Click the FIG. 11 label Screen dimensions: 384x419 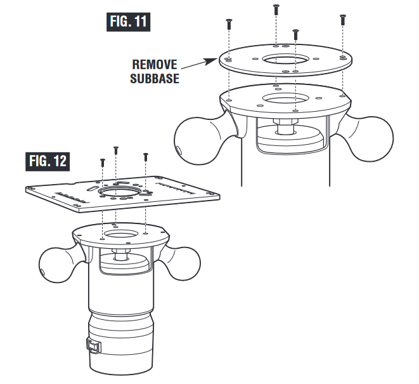click(x=129, y=21)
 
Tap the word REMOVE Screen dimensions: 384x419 click(x=154, y=65)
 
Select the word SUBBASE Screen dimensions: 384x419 click(x=154, y=78)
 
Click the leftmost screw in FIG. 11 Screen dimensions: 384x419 click(x=226, y=25)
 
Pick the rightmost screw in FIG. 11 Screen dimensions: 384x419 click(x=342, y=18)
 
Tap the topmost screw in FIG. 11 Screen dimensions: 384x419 click(x=276, y=10)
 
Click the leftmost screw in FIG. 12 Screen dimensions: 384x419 click(x=103, y=162)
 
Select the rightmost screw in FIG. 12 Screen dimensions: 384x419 click(x=145, y=156)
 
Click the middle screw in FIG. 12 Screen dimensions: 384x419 click(x=116, y=150)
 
